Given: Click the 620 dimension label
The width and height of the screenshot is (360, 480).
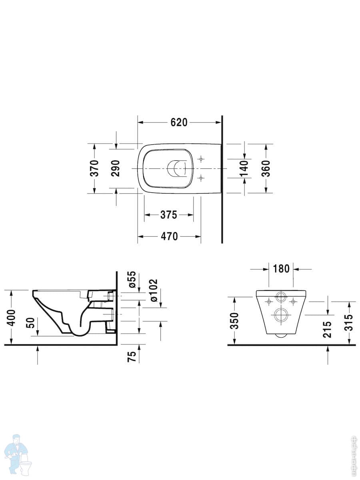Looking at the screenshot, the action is tap(179, 122).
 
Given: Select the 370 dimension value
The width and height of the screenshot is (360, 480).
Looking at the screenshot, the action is tap(95, 168).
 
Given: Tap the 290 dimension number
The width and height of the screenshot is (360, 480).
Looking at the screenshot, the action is tap(116, 168).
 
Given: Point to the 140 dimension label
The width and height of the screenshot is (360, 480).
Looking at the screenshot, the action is tap(244, 169).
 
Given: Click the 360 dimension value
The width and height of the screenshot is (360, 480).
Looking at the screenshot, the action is tap(266, 168).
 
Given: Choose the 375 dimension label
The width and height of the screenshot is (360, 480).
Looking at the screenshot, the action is tap(168, 215).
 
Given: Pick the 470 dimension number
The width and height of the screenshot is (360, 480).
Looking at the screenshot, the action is tap(169, 236).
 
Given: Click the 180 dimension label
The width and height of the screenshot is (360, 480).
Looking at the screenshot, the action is tap(281, 269).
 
